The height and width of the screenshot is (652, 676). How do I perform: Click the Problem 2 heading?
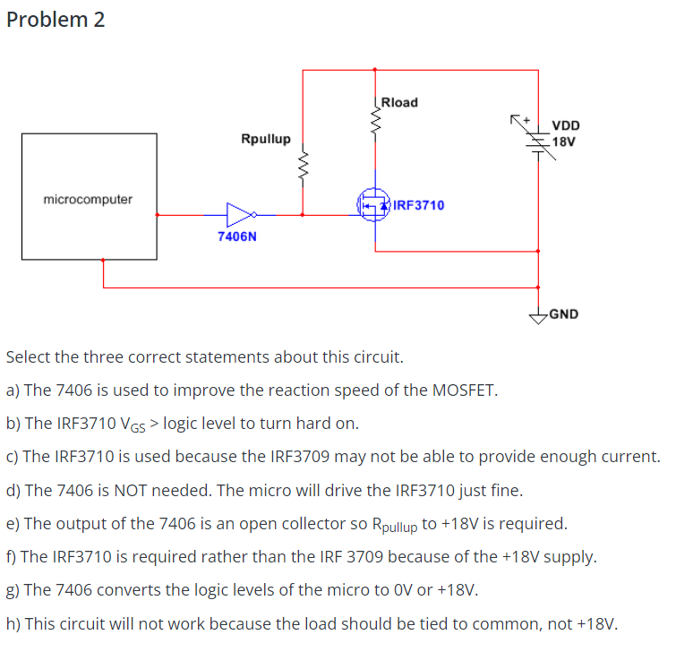[56, 20]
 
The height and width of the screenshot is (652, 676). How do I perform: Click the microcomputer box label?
[88, 199]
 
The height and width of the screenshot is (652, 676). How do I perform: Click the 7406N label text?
[237, 237]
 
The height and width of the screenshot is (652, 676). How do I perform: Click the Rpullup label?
[265, 139]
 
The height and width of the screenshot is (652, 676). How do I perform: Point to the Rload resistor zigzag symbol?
[375, 114]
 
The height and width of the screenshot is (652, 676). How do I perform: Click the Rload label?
[399, 102]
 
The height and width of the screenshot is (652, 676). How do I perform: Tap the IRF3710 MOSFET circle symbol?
[373, 205]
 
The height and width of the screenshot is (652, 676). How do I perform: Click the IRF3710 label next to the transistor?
[418, 205]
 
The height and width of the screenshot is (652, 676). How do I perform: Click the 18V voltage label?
[564, 142]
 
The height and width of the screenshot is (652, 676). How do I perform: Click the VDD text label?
[565, 126]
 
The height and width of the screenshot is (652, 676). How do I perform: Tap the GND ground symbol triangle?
[538, 314]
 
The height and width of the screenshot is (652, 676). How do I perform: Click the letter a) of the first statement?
[13, 390]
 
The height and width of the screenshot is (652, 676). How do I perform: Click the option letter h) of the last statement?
[13, 623]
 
